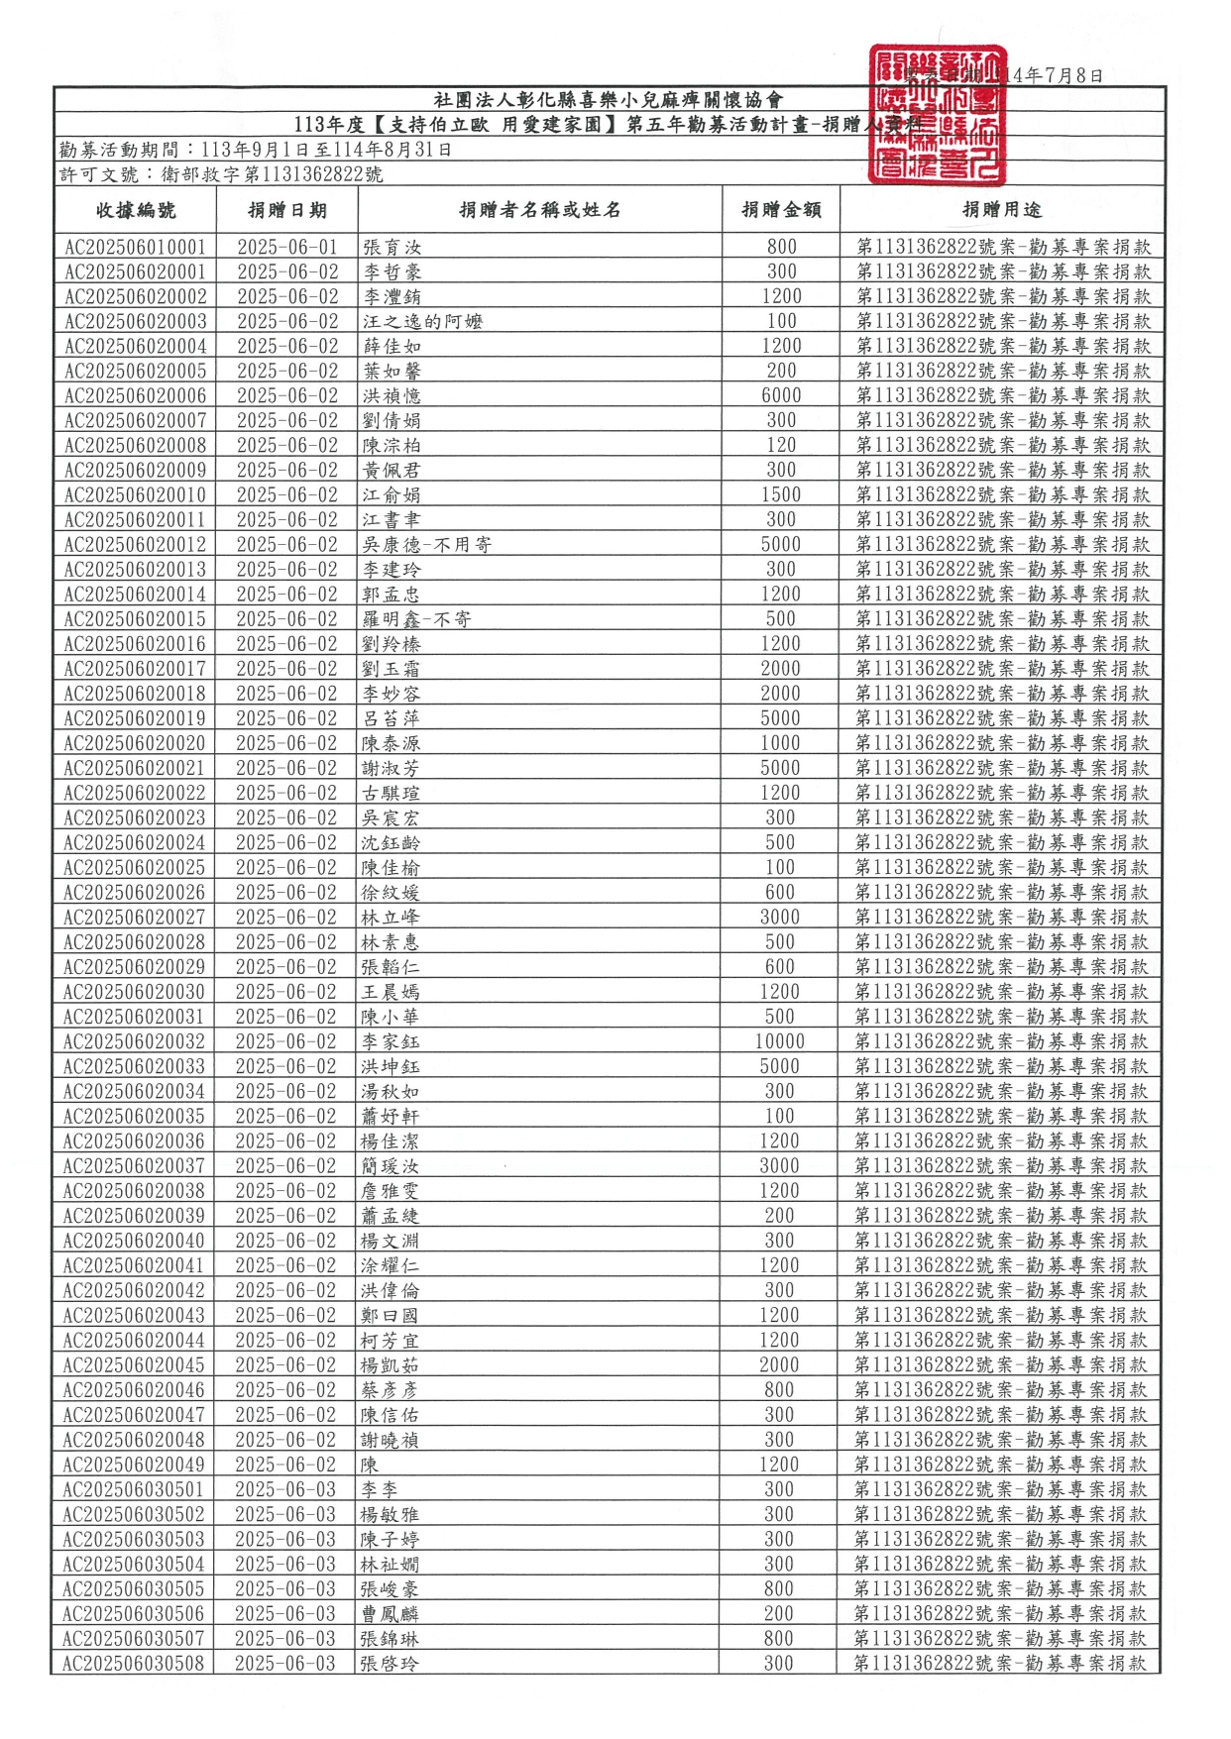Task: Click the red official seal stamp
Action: coord(937,115)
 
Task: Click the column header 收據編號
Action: coord(136,210)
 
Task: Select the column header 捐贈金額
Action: coord(781,210)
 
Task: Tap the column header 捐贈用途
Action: coord(1002,210)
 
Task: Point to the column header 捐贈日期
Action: coord(287,210)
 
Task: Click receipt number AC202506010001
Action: coord(136,247)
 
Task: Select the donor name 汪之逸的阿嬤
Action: coord(422,321)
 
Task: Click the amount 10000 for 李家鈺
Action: coord(780,1041)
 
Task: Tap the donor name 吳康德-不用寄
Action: coord(427,544)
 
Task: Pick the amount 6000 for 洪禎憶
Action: coord(781,395)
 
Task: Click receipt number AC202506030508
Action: coord(134,1663)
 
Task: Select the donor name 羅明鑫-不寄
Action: coord(416,619)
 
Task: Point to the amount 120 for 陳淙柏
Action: coord(781,445)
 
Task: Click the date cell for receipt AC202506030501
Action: coord(285,1489)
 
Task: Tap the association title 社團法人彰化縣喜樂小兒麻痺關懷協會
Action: coord(609,100)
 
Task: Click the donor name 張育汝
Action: coord(392,247)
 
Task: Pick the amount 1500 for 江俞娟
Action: coord(781,494)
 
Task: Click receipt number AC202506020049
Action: coord(134,1465)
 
